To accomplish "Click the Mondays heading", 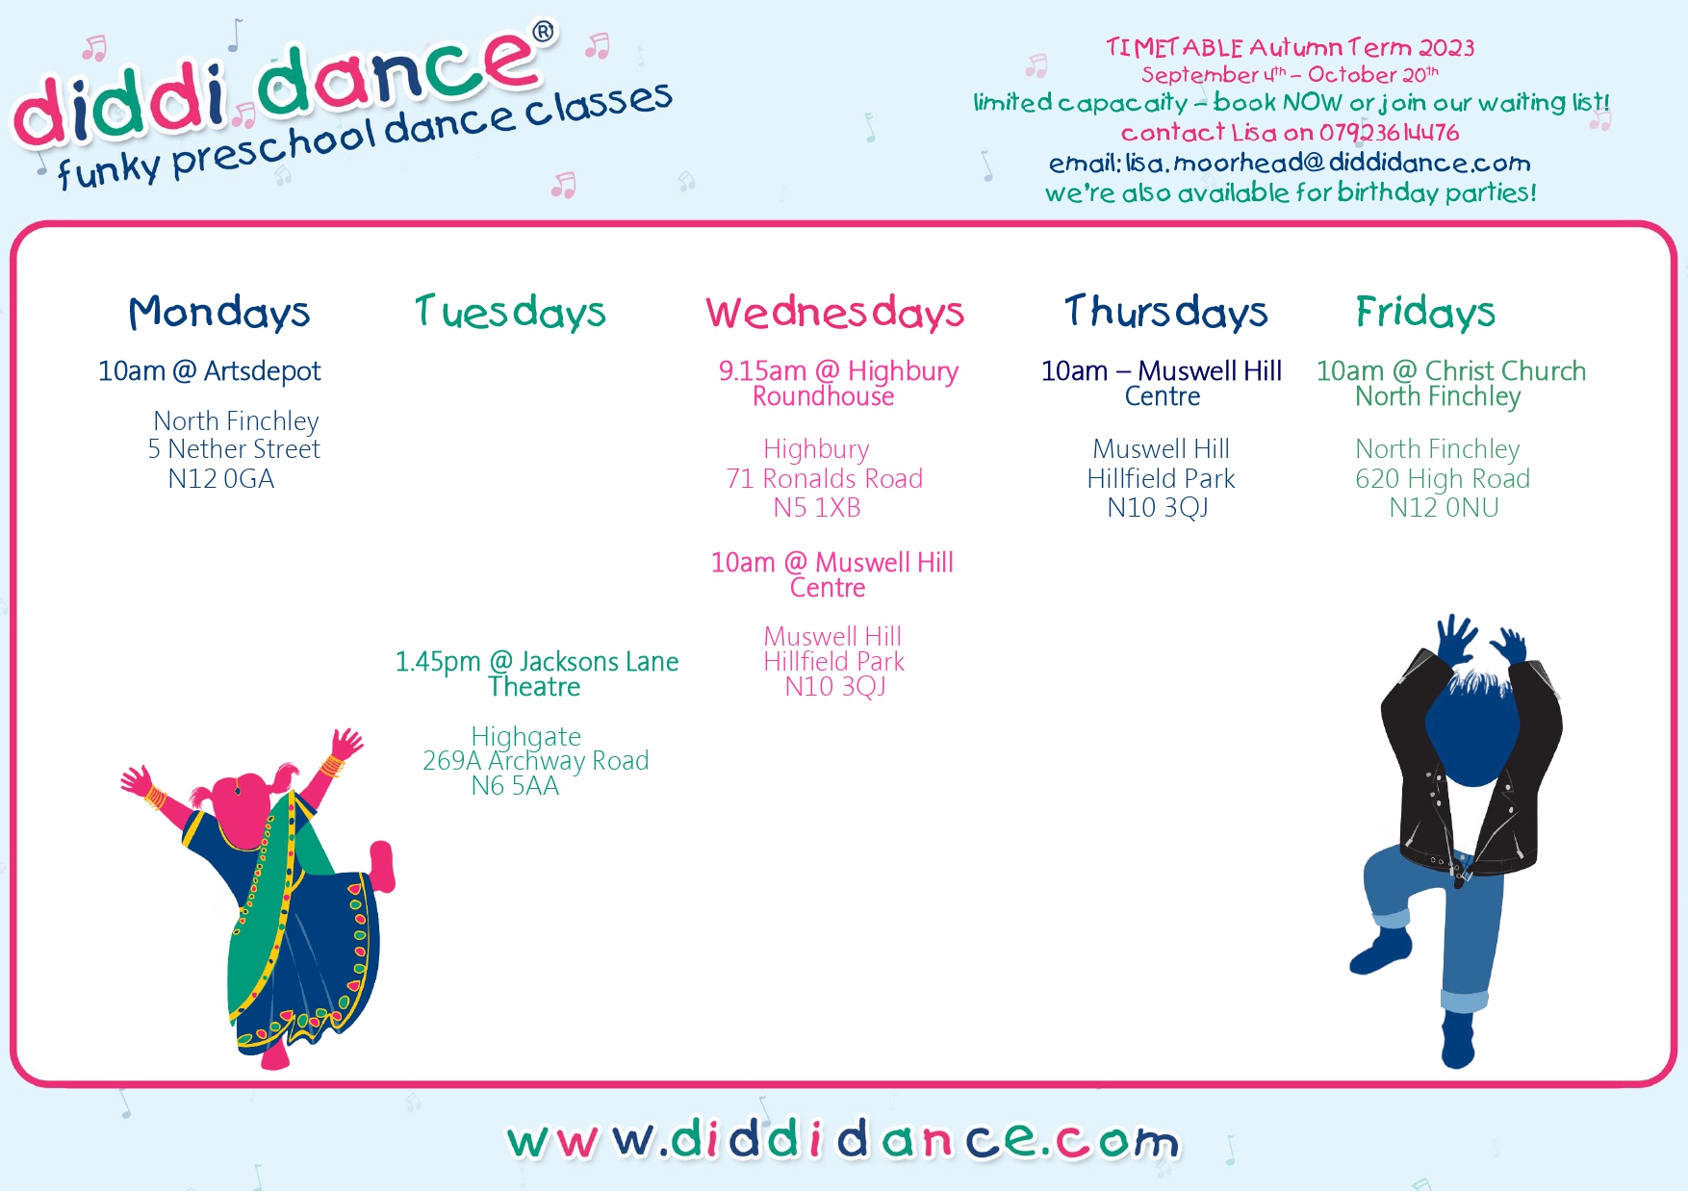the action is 219,313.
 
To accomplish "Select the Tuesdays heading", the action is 510,313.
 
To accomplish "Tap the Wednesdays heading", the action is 835,313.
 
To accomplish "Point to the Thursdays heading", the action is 1166,313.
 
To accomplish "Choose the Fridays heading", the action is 1425,312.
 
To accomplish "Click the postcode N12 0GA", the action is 221,479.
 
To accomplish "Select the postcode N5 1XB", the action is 817,508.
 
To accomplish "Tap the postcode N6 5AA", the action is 515,786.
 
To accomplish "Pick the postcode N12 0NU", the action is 1444,508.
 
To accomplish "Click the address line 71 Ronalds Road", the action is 825,479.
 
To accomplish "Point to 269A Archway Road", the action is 536,761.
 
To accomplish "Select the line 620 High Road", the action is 1443,479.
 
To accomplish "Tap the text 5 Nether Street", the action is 234,449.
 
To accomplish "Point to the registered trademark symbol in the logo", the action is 544,32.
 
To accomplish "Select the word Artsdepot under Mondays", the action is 262,372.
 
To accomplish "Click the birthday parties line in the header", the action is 1291,193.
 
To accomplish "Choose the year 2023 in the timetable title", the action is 1446,48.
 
